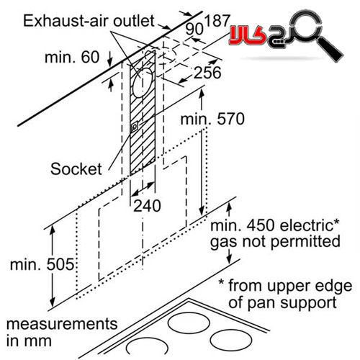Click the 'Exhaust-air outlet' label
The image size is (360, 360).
coord(89,21)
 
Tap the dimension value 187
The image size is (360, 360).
coord(217,21)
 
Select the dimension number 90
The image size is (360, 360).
coord(194,29)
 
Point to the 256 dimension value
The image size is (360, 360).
coord(207,73)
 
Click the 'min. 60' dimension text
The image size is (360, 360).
coord(72,58)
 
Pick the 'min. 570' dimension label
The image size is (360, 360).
coord(212,119)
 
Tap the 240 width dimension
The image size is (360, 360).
coord(147,206)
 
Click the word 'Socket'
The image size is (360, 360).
coord(76,168)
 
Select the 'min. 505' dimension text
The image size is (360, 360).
coord(42,264)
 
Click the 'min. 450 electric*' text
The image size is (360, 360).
coord(275,225)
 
